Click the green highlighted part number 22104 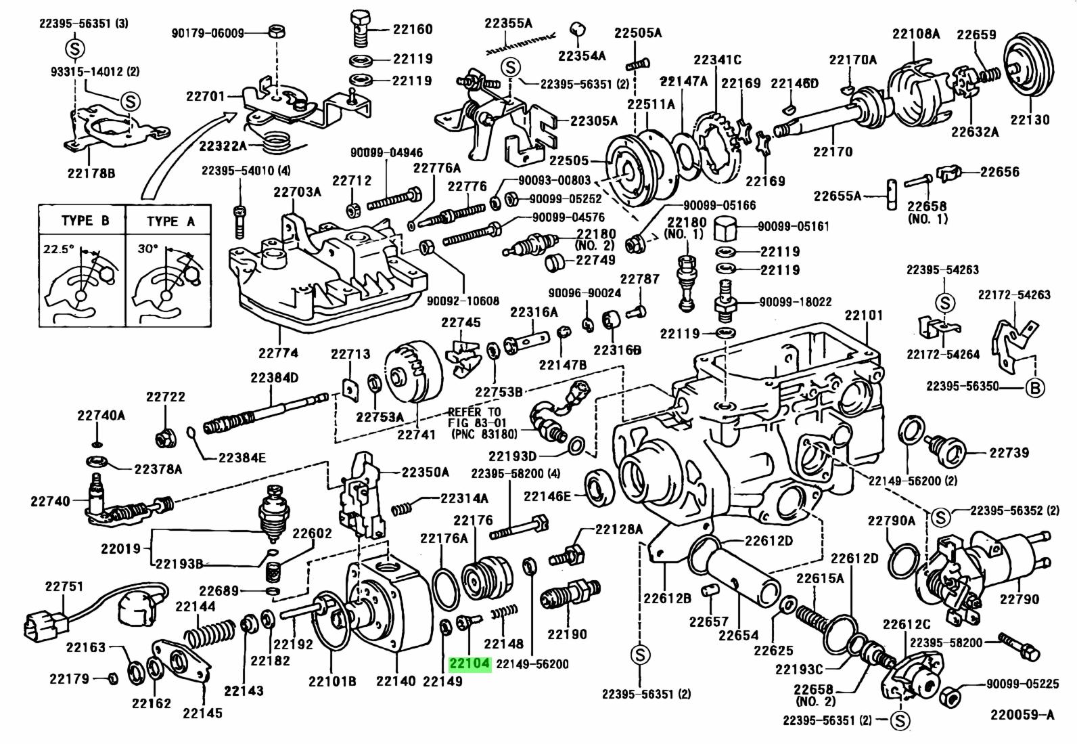pos(470,664)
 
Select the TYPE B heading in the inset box pos(85,221)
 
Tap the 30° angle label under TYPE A pos(147,248)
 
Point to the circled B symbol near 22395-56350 pos(1035,388)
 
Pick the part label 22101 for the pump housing pos(863,315)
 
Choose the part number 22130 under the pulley pos(1030,120)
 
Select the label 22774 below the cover pos(278,353)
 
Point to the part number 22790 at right pos(1019,599)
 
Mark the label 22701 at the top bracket pos(206,97)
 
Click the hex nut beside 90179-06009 pos(276,32)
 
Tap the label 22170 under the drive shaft pos(832,152)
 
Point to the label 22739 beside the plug pos(1009,453)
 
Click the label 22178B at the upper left pos(91,173)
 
